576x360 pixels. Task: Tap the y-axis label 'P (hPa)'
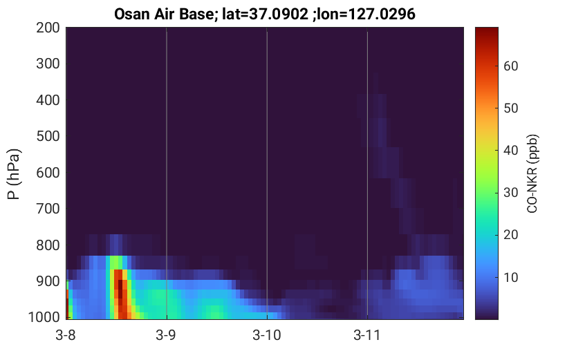point(14,174)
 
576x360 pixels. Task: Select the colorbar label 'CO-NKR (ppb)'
point(532,173)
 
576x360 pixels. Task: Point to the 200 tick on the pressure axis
point(48,28)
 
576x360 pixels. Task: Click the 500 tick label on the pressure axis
point(48,136)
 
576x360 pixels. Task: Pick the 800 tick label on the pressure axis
point(48,245)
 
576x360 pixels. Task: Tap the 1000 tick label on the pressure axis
point(44,317)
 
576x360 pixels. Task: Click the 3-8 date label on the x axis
point(66,335)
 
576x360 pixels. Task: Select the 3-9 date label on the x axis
point(166,335)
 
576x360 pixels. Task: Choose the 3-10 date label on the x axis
point(267,335)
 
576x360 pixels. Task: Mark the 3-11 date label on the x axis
point(366,335)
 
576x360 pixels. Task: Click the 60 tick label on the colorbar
point(510,66)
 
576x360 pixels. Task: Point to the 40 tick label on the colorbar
point(510,151)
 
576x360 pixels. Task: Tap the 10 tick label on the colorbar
point(510,278)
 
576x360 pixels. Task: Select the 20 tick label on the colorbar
point(510,235)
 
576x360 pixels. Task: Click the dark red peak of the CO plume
point(120,288)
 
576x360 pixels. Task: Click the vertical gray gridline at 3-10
point(267,173)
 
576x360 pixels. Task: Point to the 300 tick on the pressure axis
point(48,64)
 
